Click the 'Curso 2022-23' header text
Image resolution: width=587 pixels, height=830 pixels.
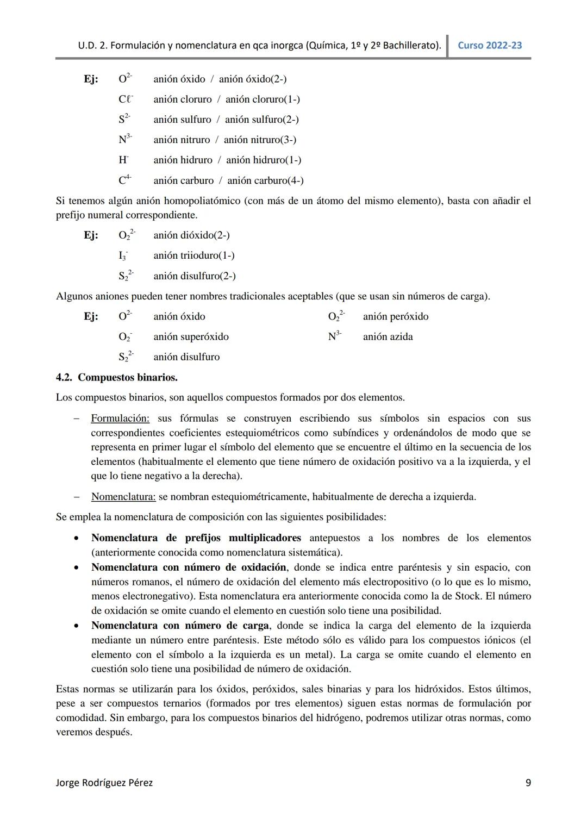(490, 46)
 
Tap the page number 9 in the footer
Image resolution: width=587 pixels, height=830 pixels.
(528, 783)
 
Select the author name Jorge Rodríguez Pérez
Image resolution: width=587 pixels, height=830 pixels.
(104, 783)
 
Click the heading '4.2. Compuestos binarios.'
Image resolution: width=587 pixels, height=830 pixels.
(116, 377)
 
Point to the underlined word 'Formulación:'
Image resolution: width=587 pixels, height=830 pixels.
(120, 419)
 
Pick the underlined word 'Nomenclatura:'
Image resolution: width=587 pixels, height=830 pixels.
(123, 497)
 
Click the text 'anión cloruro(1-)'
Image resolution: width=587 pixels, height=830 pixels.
(263, 99)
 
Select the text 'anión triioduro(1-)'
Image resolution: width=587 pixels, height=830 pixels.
(194, 255)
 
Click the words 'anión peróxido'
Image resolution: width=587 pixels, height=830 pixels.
(396, 316)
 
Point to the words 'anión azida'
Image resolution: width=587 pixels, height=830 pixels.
(388, 337)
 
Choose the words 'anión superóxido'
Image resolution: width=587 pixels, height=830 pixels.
(191, 337)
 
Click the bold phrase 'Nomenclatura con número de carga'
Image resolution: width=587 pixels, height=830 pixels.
(180, 626)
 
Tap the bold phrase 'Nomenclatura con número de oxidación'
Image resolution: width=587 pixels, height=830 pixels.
(189, 567)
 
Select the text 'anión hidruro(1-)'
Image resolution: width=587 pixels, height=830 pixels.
(264, 160)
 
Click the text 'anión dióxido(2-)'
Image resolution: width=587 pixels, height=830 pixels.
(191, 235)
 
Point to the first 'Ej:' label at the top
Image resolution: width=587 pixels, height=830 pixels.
(91, 79)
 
